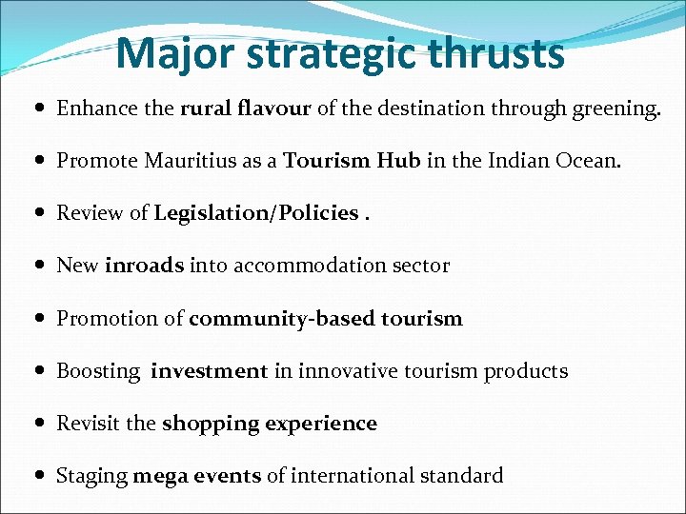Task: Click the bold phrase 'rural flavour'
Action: click(x=245, y=109)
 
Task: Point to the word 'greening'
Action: click(x=609, y=109)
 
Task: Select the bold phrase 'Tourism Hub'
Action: click(x=352, y=161)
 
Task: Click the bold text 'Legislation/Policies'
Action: click(x=256, y=214)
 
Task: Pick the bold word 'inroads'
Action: click(x=144, y=267)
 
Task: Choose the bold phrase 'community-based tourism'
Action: click(x=325, y=319)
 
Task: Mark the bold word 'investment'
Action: click(x=209, y=371)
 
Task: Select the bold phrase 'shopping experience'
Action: click(x=269, y=424)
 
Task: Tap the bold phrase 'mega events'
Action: click(x=196, y=476)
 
